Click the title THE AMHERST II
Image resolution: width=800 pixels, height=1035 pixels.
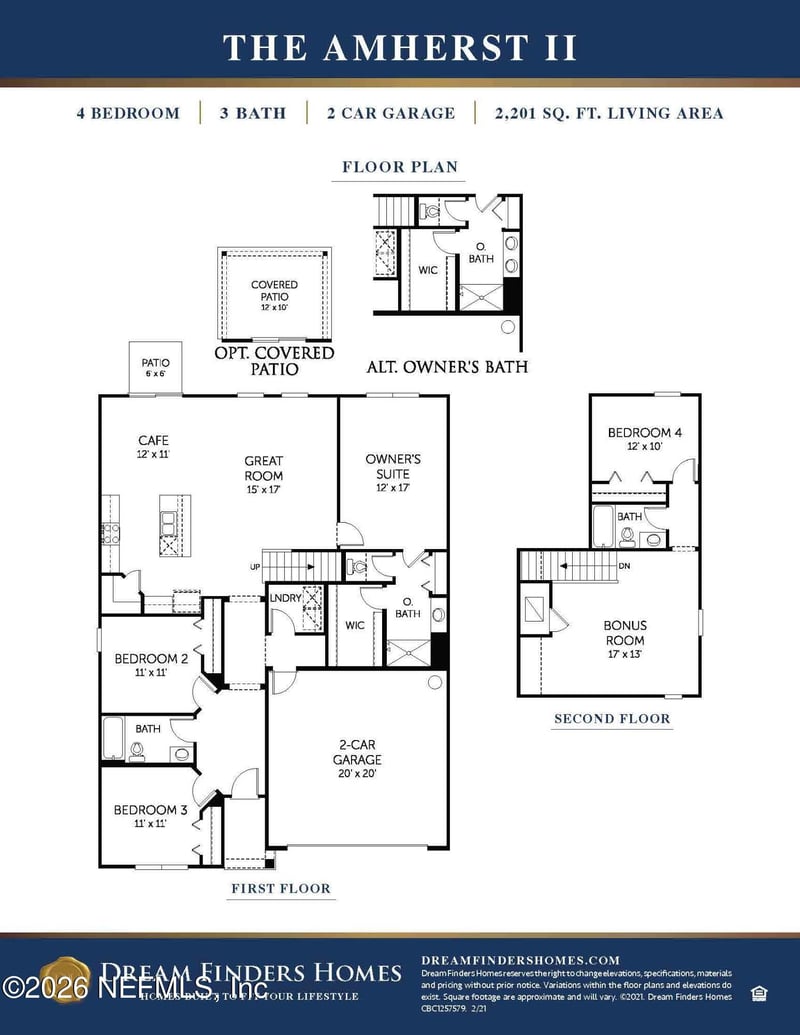coord(400,46)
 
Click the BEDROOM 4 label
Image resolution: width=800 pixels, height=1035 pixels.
coord(645,439)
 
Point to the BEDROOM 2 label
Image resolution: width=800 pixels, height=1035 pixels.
coord(151,665)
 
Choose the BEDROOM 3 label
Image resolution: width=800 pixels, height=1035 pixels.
coord(151,817)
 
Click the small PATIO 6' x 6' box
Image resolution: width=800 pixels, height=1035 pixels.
coord(155,368)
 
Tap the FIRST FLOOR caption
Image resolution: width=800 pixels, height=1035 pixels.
coord(280,888)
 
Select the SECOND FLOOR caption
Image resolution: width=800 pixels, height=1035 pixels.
coord(612,718)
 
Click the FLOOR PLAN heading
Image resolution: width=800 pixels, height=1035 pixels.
coord(400,167)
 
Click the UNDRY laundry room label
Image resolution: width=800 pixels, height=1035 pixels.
coord(285,599)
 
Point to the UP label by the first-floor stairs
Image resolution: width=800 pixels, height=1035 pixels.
coord(256,567)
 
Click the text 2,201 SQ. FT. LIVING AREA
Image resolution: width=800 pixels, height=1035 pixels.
coord(609,113)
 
